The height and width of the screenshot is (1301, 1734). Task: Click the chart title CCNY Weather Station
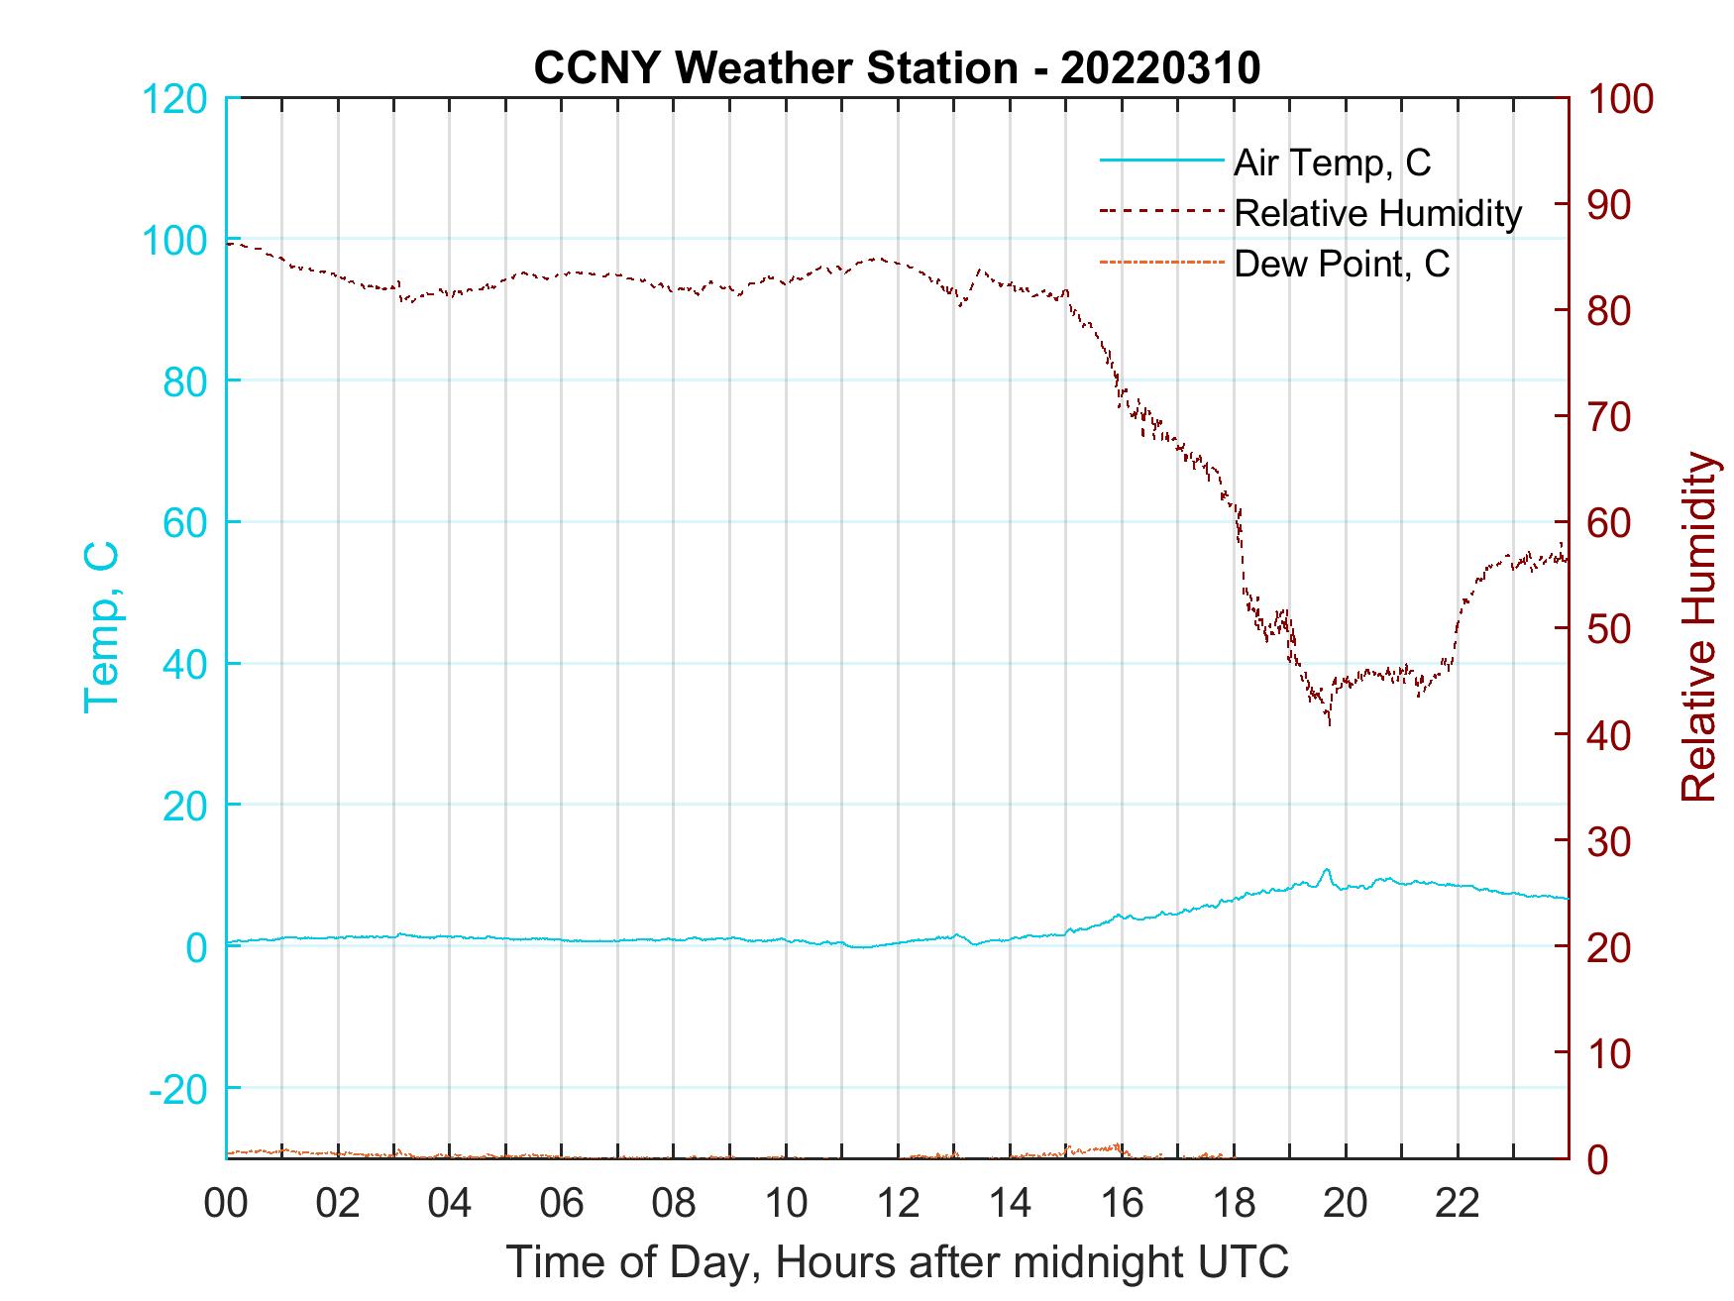897,68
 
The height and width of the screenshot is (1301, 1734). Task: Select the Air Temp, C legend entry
1332,163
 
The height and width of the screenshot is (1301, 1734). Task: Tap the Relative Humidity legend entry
1377,213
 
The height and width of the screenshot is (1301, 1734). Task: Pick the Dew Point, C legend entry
1342,264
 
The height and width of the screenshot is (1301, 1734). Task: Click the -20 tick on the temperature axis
178,1089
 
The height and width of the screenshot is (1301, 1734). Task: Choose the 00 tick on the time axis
226,1203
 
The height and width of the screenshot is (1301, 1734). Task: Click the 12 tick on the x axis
898,1203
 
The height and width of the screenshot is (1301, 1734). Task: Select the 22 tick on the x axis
1458,1203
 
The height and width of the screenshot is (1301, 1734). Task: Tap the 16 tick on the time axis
1122,1203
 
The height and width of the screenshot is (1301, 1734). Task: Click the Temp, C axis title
101,626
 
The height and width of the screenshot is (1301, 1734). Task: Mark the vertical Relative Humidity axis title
1698,626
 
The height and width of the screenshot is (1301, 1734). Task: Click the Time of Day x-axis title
898,1262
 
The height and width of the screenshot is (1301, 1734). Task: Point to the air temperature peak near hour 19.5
1326,870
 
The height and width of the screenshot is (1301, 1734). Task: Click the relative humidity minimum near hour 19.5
1329,723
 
